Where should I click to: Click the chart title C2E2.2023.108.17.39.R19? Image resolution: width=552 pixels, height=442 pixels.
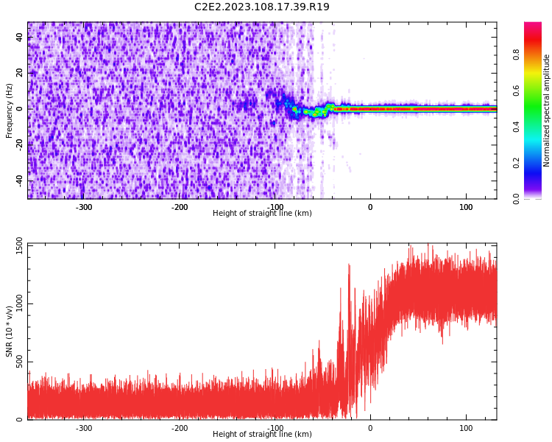click(261, 7)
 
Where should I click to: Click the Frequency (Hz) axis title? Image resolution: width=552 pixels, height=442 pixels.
click(10, 110)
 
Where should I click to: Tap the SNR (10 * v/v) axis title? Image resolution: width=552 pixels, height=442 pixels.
click(10, 331)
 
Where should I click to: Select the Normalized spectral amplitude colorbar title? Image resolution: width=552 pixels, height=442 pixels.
click(547, 110)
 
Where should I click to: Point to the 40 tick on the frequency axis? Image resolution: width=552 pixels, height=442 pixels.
click(20, 37)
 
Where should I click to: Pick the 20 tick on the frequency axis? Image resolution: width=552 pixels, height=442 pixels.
click(20, 73)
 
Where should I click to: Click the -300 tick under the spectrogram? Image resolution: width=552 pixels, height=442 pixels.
click(84, 207)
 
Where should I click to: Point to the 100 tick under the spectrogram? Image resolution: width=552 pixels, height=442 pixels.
click(466, 207)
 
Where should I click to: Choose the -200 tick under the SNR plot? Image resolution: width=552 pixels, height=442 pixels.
click(180, 428)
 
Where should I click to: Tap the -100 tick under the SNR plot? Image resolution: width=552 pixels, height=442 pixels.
click(275, 428)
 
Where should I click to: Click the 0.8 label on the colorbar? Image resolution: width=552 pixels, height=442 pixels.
click(516, 55)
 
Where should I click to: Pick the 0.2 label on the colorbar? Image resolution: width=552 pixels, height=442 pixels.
click(516, 163)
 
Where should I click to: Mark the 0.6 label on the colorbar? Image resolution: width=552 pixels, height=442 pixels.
click(516, 91)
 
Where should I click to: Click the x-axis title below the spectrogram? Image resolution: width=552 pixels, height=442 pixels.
click(262, 214)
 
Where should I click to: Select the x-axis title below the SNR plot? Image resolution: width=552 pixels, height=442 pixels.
click(262, 435)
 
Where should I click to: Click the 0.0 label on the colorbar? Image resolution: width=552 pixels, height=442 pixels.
click(516, 198)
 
